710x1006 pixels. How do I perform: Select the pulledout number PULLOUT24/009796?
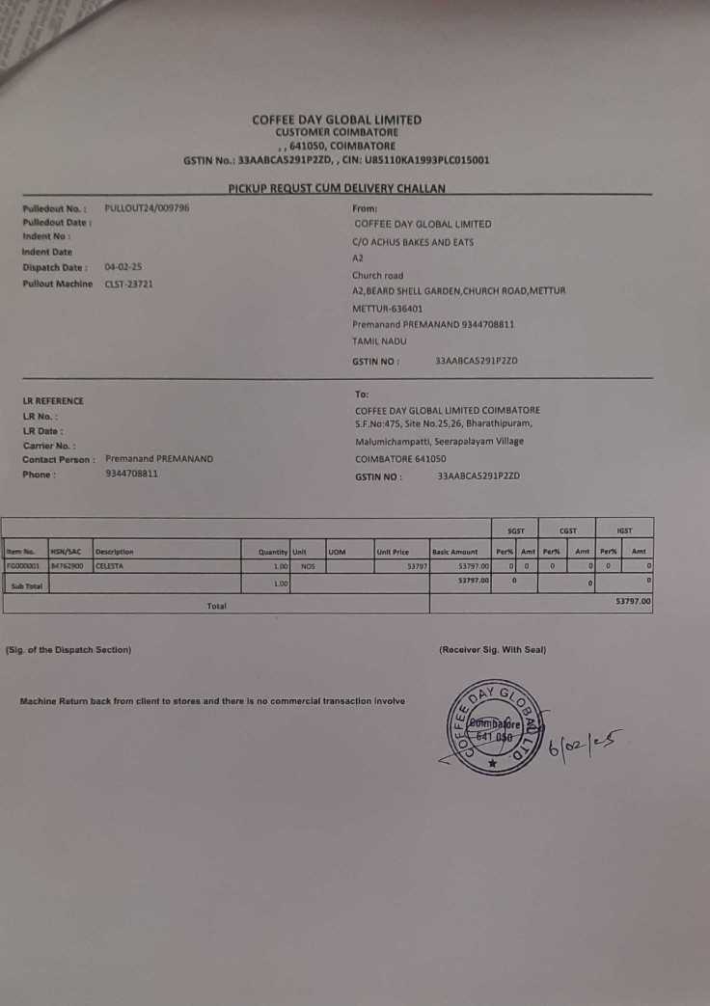(x=147, y=207)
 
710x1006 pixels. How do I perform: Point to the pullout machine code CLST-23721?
(x=128, y=284)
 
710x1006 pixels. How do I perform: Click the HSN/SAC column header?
(x=65, y=552)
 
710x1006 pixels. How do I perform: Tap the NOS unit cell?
(x=308, y=566)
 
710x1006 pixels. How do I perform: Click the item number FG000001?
(x=22, y=566)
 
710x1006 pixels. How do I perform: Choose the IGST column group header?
(x=623, y=530)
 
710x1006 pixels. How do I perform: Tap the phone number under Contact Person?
(x=132, y=474)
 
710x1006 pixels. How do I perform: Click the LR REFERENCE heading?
(x=53, y=400)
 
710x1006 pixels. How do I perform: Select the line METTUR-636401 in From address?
(x=387, y=308)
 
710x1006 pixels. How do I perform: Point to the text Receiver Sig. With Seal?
(x=492, y=649)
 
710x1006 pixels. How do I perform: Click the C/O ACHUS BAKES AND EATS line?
(x=414, y=242)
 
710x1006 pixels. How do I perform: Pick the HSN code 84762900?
(x=68, y=566)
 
